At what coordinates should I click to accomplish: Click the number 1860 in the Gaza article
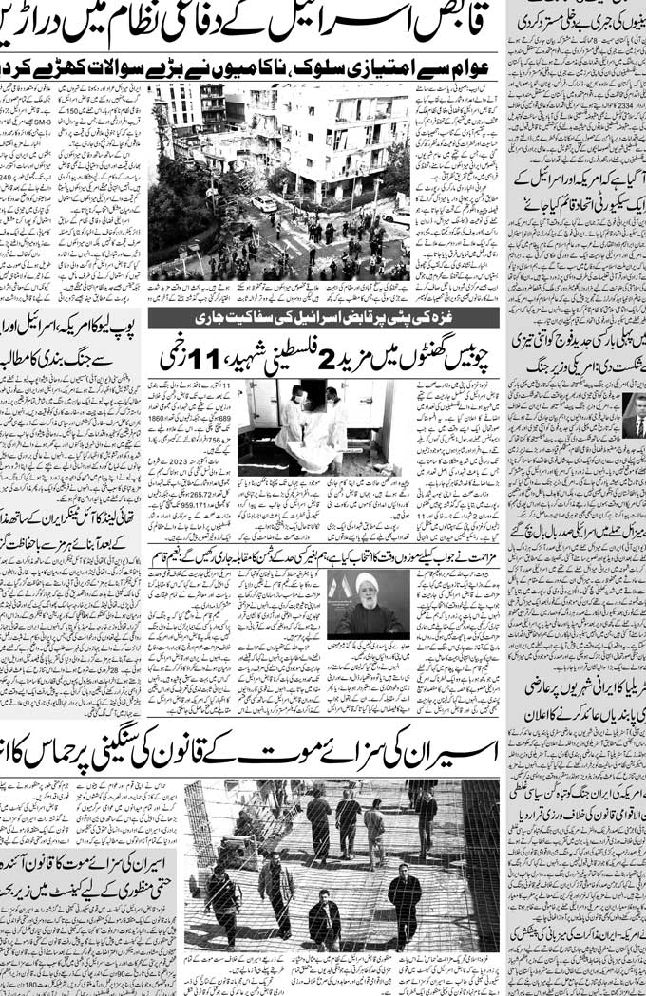coord(159,418)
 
